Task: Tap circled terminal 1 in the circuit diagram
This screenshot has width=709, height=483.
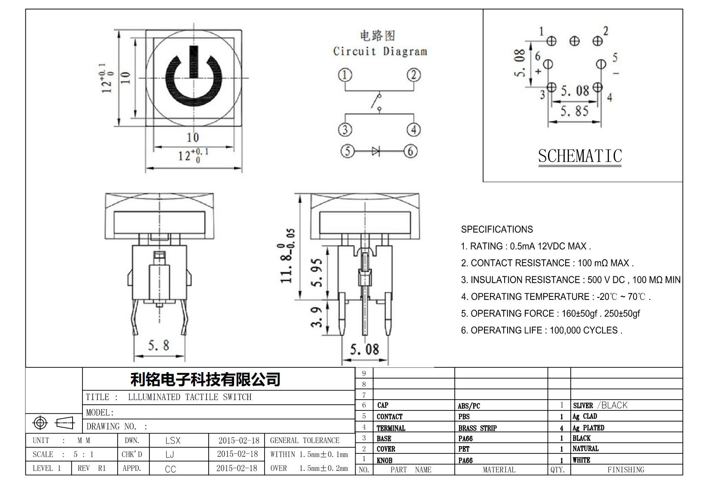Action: point(345,75)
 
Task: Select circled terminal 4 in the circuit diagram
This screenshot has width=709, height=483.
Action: point(414,129)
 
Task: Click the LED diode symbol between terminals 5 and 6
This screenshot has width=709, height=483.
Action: point(376,151)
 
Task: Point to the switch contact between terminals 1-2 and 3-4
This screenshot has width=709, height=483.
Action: point(377,102)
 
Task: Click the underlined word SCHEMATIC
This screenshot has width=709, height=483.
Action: point(580,156)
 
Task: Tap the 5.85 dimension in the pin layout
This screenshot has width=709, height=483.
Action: point(575,111)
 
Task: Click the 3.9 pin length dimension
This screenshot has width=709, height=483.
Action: point(316,317)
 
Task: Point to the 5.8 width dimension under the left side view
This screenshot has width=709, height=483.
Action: point(158,345)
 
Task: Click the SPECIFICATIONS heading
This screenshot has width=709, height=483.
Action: point(496,229)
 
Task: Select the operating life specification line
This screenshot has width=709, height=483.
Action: point(542,330)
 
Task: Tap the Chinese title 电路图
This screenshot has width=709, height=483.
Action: point(377,36)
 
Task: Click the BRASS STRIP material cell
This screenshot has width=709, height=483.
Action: point(477,428)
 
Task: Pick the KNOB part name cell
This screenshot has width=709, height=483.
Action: point(384,461)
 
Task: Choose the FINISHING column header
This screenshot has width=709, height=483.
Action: point(626,470)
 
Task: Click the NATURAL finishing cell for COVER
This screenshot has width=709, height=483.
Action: point(585,449)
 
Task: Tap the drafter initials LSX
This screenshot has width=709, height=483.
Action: point(173,440)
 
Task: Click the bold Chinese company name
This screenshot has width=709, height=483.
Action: point(205,379)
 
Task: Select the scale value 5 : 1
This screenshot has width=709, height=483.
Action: point(83,455)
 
